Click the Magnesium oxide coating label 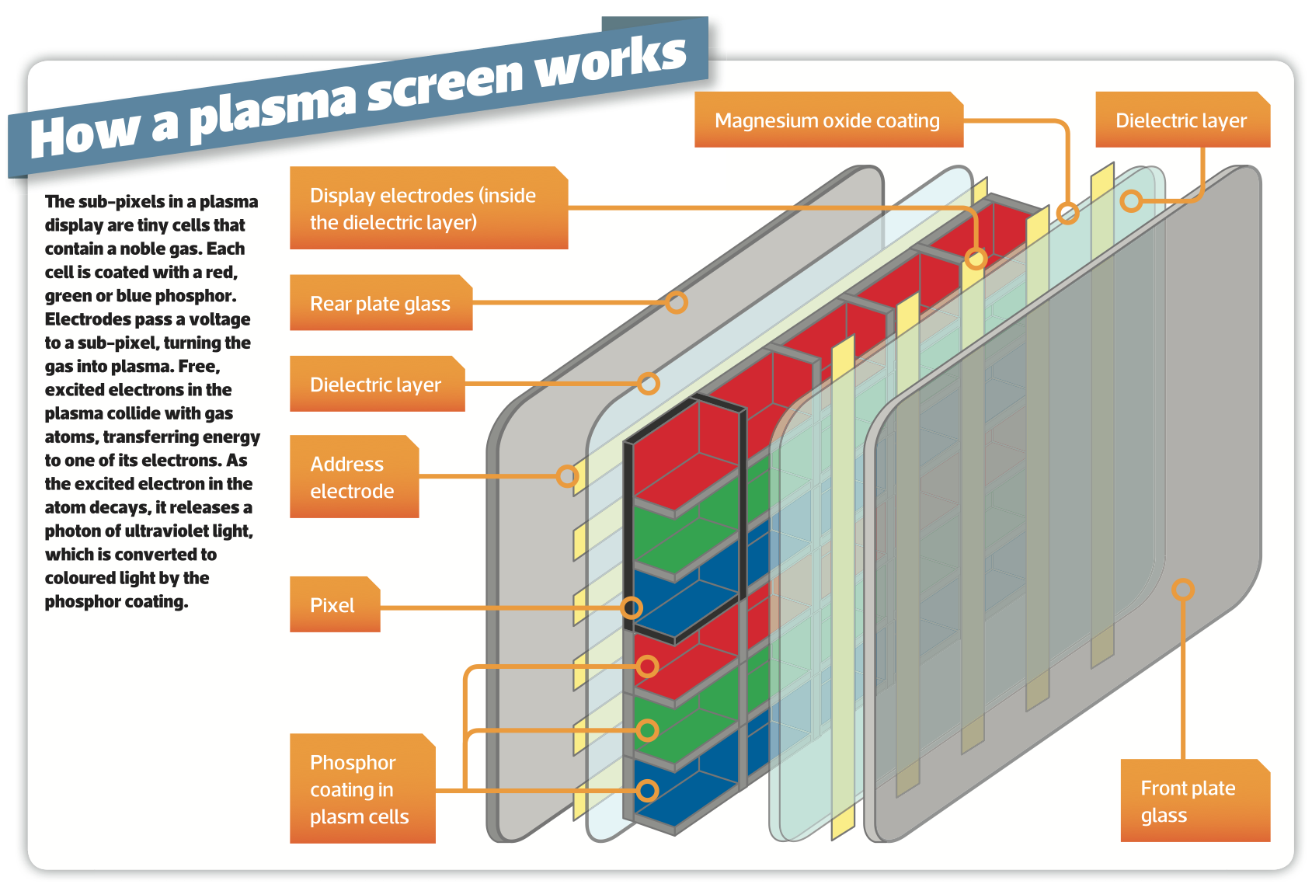[x=828, y=120]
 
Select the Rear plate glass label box [x=381, y=303]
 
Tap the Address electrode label [x=353, y=477]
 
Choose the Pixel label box [x=334, y=605]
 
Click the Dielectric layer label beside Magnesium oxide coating [x=1181, y=120]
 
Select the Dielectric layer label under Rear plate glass [x=377, y=385]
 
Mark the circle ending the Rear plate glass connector [x=677, y=302]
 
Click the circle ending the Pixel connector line [x=632, y=607]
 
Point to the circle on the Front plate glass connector [x=1182, y=590]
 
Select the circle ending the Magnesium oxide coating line [x=1068, y=213]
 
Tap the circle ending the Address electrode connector [x=568, y=475]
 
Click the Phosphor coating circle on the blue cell [x=647, y=791]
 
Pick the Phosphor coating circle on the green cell [x=647, y=730]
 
